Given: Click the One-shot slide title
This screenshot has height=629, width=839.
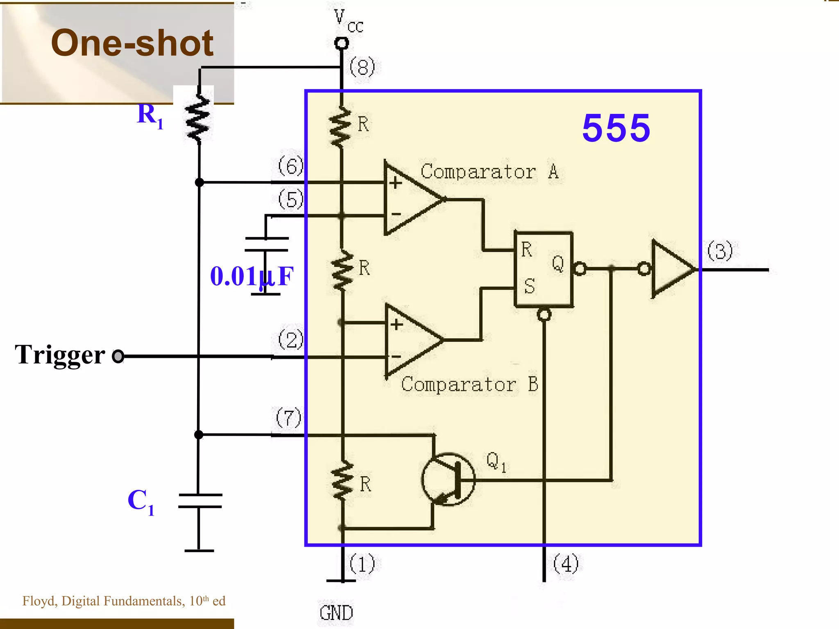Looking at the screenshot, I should (132, 43).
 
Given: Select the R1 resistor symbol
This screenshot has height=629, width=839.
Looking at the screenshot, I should (198, 119).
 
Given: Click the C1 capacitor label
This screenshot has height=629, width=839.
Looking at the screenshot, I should (141, 501).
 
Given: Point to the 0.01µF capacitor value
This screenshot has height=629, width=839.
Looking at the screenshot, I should (252, 276).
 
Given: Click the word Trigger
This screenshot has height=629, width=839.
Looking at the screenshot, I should (60, 355).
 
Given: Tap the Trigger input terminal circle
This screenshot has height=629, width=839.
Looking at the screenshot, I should (118, 356).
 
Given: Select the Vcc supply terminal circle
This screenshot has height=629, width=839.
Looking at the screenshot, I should (341, 43).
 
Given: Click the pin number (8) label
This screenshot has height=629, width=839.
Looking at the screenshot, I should (362, 67).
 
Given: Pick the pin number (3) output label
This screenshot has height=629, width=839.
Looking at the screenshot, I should (720, 251).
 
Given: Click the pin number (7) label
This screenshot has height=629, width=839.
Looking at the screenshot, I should (288, 418).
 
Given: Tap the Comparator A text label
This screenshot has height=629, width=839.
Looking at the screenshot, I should (489, 172).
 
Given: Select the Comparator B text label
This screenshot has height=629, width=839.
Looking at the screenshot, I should (469, 385).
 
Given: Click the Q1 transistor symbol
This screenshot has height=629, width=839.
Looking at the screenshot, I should (449, 479).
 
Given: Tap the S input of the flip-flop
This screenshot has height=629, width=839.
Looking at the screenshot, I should (529, 286).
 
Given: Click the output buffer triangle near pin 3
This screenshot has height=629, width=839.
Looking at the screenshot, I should (671, 269).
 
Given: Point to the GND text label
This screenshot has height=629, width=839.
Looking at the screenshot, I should (336, 613).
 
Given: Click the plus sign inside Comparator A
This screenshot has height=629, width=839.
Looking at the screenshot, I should (395, 183).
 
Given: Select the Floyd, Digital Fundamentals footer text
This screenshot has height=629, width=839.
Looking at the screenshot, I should (124, 601).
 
